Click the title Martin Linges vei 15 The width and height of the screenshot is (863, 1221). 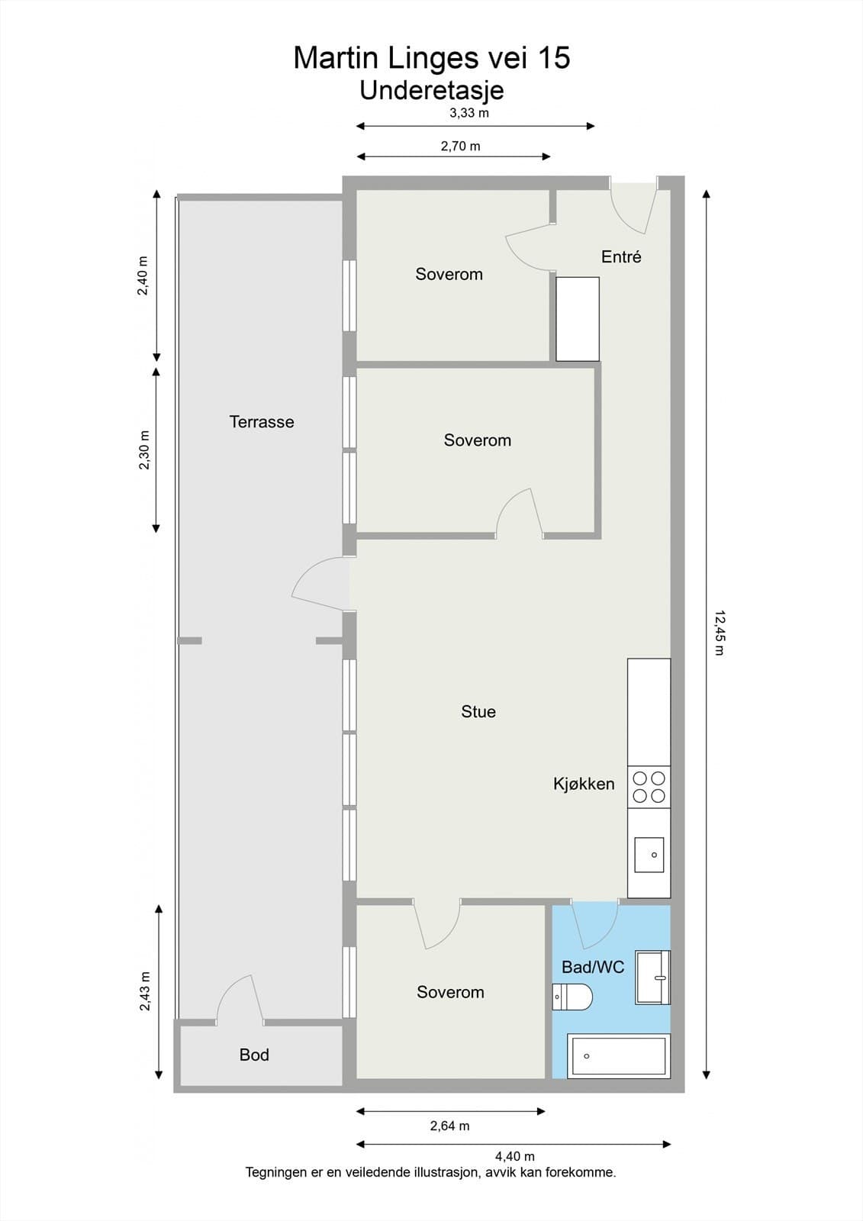tap(432, 58)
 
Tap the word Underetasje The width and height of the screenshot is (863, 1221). tap(432, 91)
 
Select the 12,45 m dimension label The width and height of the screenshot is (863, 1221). tap(720, 633)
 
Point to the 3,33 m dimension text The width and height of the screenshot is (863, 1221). tap(469, 113)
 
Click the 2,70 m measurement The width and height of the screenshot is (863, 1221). tap(460, 146)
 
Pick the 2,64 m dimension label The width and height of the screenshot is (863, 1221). tap(449, 1126)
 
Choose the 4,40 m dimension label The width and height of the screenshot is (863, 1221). tap(514, 1156)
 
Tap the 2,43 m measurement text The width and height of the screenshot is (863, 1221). tap(144, 991)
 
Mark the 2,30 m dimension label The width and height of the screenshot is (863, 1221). tap(144, 449)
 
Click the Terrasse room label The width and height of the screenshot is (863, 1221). tap(262, 422)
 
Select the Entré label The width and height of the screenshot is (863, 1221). tap(621, 256)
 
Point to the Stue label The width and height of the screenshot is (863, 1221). tap(478, 711)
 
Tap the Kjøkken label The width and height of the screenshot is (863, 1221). tap(584, 784)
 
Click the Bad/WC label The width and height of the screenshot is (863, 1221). tap(593, 967)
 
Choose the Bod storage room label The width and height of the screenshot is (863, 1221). tap(254, 1055)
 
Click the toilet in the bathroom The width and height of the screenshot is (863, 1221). tap(572, 997)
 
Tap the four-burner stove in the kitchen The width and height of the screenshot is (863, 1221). tap(649, 787)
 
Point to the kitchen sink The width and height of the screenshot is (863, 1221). tap(649, 855)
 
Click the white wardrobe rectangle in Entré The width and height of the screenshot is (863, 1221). tap(578, 319)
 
